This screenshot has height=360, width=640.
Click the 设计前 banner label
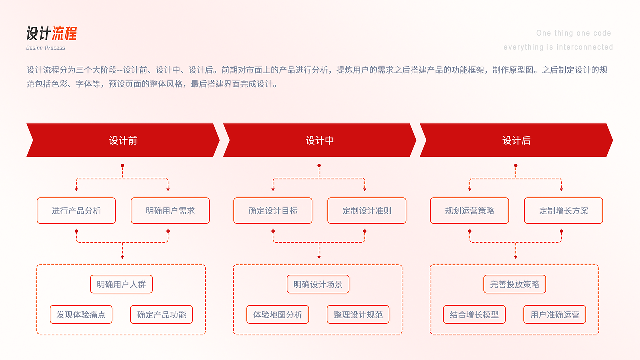[123, 141]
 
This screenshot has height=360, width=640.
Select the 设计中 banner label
[320, 141]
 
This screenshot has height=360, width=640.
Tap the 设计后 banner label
[516, 141]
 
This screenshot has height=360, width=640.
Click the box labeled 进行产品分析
[76, 211]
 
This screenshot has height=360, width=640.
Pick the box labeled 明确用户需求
[170, 211]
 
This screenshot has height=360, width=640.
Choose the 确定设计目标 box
[273, 211]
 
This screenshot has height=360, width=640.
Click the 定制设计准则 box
[367, 211]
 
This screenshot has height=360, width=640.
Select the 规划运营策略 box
[470, 211]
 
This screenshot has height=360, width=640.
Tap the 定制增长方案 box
[563, 211]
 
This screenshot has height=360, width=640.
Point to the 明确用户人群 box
[121, 284]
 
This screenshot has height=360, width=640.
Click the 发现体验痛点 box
[81, 315]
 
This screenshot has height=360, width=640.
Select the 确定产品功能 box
[161, 315]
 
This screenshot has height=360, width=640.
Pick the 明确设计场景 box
[318, 284]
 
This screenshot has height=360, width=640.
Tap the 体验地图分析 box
[278, 315]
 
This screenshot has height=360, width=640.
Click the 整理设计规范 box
[358, 315]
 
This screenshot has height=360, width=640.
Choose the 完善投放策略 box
[515, 284]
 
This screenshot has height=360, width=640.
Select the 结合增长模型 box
[474, 315]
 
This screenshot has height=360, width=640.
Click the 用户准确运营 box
[555, 315]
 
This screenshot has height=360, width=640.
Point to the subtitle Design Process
[46, 48]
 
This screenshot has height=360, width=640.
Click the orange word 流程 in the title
[64, 34]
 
